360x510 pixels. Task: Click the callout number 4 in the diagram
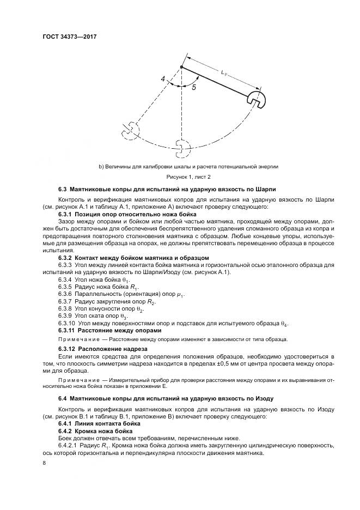(163, 80)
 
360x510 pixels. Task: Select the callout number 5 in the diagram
(193, 87)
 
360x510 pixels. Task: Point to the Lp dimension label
(224, 71)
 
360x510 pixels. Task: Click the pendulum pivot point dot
(181, 67)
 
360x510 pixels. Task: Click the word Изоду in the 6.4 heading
(264, 399)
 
